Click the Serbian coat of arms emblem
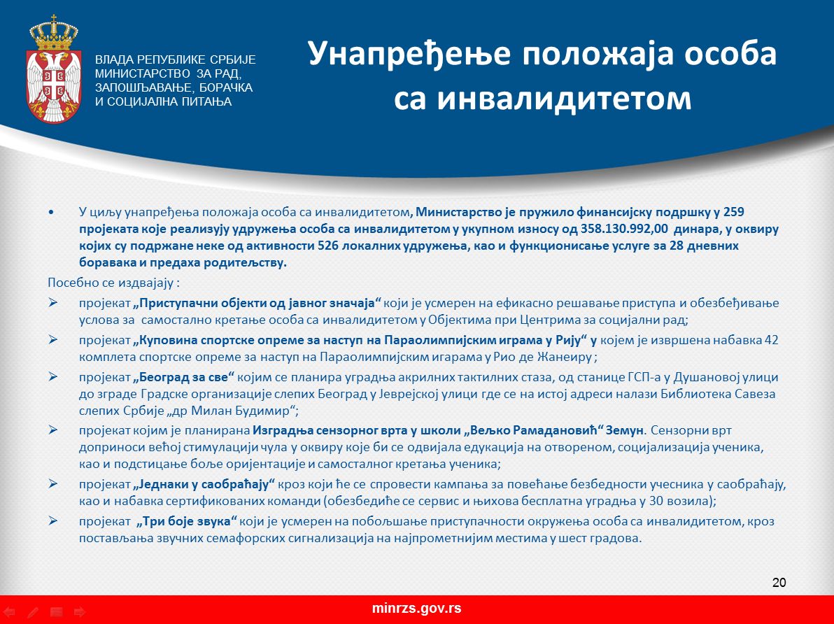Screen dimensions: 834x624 (53, 69)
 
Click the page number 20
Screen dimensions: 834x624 (779, 583)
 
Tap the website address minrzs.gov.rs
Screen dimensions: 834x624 (416, 609)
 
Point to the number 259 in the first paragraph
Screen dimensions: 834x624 (734, 212)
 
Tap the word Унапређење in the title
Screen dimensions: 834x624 (409, 55)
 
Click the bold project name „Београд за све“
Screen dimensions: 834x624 (184, 377)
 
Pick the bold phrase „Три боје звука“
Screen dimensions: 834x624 (188, 520)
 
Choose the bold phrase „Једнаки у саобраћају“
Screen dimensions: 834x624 (204, 484)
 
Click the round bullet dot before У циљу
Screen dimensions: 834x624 (51, 212)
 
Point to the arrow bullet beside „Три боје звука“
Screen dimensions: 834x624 (52, 520)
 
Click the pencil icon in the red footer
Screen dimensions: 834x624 (33, 612)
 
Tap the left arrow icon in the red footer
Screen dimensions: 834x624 (10, 612)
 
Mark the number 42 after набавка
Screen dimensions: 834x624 (771, 340)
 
